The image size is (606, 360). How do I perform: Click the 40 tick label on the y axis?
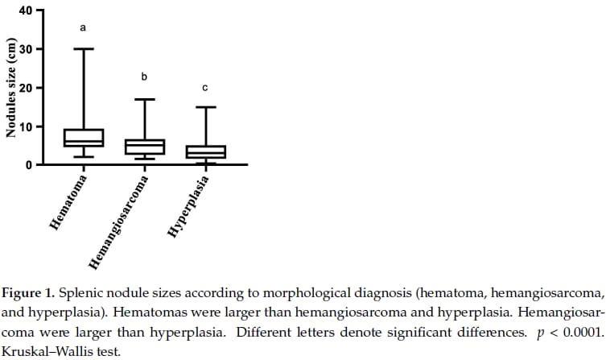(x=24, y=11)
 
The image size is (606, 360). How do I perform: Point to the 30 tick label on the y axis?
(x=24, y=49)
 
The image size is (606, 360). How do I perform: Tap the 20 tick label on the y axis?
(x=24, y=88)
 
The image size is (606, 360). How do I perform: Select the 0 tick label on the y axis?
(x=28, y=164)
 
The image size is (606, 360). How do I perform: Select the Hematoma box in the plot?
(x=84, y=138)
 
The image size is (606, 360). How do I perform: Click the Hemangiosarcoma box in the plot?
(x=145, y=147)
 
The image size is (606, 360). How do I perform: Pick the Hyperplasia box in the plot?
(x=205, y=151)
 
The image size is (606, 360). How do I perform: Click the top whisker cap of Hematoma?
(x=84, y=49)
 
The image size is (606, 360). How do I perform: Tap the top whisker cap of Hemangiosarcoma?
(x=145, y=99)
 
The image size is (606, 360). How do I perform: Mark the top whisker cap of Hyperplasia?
(x=205, y=107)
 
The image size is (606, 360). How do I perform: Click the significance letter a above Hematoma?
(x=83, y=28)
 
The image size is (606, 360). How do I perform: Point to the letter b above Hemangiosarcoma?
(x=144, y=77)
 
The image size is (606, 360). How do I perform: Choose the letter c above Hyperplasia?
(x=205, y=87)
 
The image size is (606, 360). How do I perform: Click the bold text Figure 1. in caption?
(x=31, y=291)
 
